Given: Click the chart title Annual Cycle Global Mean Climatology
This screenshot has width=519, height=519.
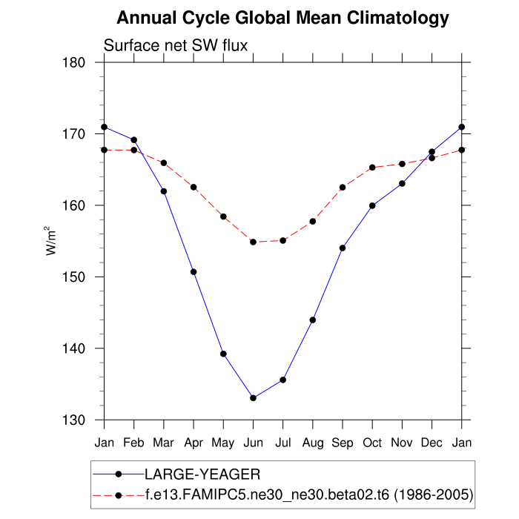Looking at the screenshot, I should [x=282, y=18].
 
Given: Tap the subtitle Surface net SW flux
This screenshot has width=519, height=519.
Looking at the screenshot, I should [x=175, y=46].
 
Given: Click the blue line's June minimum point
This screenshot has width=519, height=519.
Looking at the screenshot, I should [x=253, y=398].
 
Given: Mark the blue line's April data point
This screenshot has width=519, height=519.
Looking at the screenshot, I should [x=194, y=271].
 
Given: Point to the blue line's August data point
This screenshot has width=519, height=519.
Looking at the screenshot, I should [x=313, y=320].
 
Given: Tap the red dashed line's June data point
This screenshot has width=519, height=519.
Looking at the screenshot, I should [x=253, y=242].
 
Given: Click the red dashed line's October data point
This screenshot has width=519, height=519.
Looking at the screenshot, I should [x=372, y=168].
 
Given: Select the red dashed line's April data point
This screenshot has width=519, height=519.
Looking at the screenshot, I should [x=194, y=187].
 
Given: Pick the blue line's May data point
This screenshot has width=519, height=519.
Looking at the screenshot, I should [x=223, y=354].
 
